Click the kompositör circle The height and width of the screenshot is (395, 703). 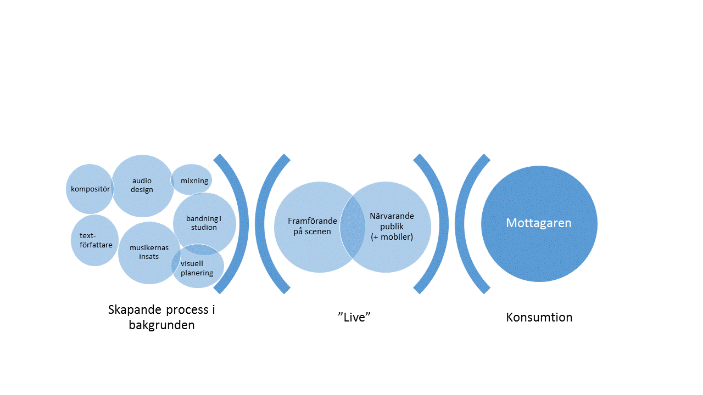(90, 189)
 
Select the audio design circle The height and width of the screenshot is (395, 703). (143, 186)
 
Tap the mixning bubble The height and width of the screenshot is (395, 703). (192, 179)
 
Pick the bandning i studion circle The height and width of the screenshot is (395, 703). (204, 223)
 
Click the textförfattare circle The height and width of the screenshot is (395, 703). (95, 240)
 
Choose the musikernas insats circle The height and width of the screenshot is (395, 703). (149, 253)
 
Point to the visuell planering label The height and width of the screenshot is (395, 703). (197, 268)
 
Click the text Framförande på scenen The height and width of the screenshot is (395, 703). (313, 226)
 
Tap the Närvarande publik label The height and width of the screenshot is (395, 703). (392, 221)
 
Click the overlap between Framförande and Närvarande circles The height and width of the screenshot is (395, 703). (353, 227)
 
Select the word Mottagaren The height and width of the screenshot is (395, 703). (539, 223)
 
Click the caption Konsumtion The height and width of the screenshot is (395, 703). (539, 317)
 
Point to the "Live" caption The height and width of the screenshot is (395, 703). (354, 317)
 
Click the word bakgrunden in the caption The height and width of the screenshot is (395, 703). (161, 325)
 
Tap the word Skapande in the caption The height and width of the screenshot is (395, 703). (135, 310)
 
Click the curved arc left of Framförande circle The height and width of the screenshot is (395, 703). (260, 224)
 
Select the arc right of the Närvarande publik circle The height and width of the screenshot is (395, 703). (444, 224)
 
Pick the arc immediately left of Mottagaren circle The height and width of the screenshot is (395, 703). (460, 224)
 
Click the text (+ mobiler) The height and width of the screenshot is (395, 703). (392, 237)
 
